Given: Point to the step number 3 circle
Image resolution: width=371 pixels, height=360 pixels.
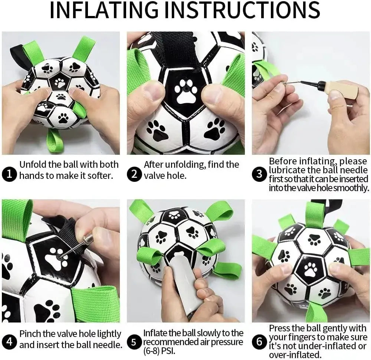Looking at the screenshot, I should [259, 174].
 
